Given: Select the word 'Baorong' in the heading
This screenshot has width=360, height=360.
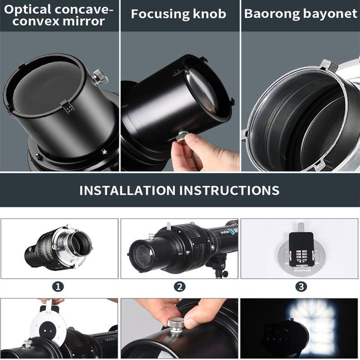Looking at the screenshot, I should click(271, 14).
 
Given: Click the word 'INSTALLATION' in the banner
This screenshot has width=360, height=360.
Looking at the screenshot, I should click(127, 190).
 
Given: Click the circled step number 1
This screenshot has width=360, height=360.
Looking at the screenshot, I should click(59, 287).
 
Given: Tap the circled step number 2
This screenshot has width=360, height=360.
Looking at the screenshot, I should click(179, 287).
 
